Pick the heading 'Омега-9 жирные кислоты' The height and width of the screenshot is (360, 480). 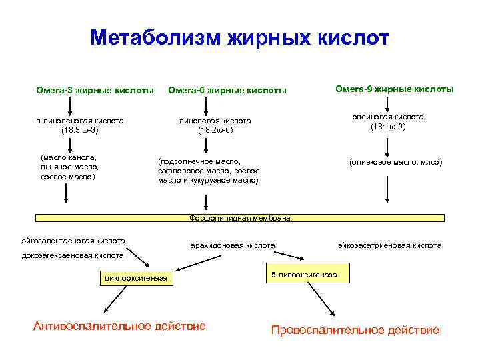point(395,89)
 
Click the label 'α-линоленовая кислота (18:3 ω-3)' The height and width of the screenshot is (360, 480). point(80,125)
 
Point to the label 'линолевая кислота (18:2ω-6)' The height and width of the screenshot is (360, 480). point(215,125)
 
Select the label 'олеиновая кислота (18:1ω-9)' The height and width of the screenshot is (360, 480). point(387,121)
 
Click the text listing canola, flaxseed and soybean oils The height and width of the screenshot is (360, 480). point(69,167)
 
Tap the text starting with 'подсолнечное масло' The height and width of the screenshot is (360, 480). point(208,171)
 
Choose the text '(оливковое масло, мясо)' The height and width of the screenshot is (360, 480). point(395,162)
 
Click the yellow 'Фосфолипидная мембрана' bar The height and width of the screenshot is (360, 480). point(239,217)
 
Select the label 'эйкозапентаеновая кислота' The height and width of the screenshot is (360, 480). point(73,240)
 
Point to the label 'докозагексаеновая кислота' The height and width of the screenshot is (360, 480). point(72,255)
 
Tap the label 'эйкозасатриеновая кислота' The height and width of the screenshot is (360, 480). point(389,245)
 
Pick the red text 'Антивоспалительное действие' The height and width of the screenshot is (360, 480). point(119,326)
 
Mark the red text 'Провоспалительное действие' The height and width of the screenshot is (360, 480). point(355,330)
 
